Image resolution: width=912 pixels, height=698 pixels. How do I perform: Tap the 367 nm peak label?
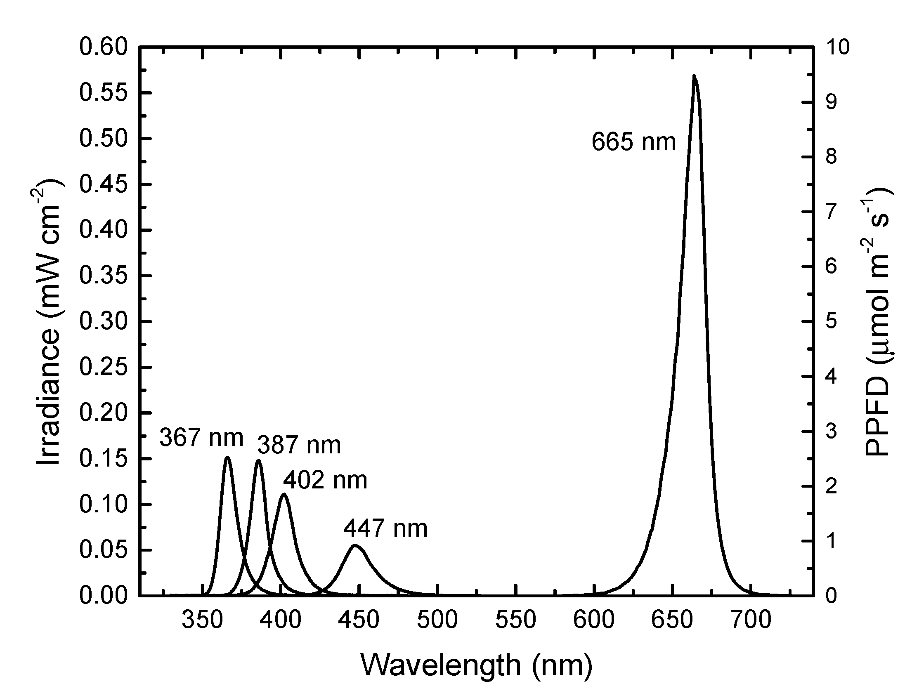(x=202, y=438)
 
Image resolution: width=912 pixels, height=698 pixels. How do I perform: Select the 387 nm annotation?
(x=299, y=445)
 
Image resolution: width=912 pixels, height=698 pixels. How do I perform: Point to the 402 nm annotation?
(x=325, y=481)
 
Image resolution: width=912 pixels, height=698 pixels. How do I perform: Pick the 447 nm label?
(x=385, y=529)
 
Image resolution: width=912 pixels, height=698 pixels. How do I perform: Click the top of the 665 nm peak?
(x=694, y=76)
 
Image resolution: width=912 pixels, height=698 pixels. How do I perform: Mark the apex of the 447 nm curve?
(x=356, y=545)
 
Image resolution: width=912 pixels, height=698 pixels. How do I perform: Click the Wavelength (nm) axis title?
(x=476, y=665)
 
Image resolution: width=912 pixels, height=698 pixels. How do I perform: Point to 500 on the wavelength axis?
(x=437, y=620)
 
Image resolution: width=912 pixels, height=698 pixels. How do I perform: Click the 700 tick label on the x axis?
(x=751, y=620)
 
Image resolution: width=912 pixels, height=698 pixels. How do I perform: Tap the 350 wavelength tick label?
(x=203, y=620)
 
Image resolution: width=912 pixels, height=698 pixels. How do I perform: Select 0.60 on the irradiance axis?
(x=104, y=47)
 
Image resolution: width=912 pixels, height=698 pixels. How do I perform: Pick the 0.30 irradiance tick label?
(x=104, y=322)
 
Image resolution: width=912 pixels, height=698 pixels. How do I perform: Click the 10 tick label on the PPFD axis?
(x=837, y=47)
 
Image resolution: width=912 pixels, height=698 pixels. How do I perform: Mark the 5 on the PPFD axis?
(x=831, y=322)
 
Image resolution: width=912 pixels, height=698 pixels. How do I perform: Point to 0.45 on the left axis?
(x=104, y=184)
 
